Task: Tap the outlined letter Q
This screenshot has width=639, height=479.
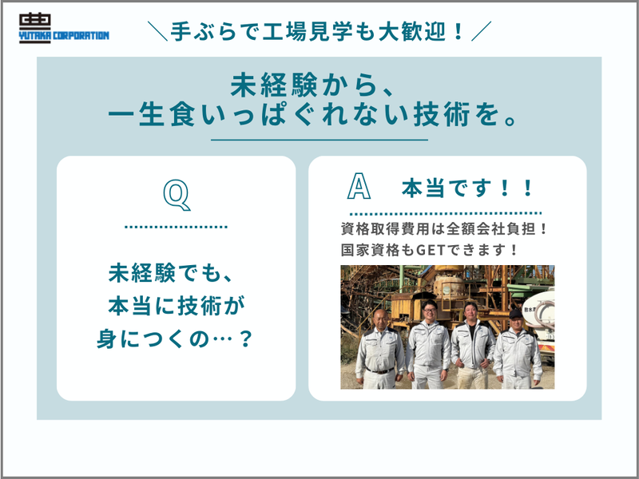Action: click(x=177, y=193)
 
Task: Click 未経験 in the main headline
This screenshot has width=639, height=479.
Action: click(x=263, y=84)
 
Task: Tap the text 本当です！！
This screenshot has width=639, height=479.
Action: click(x=468, y=190)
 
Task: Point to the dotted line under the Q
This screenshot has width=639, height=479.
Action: click(x=177, y=228)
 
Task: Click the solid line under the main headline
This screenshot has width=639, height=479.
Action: click(x=319, y=140)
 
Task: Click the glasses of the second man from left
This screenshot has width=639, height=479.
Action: click(x=430, y=309)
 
